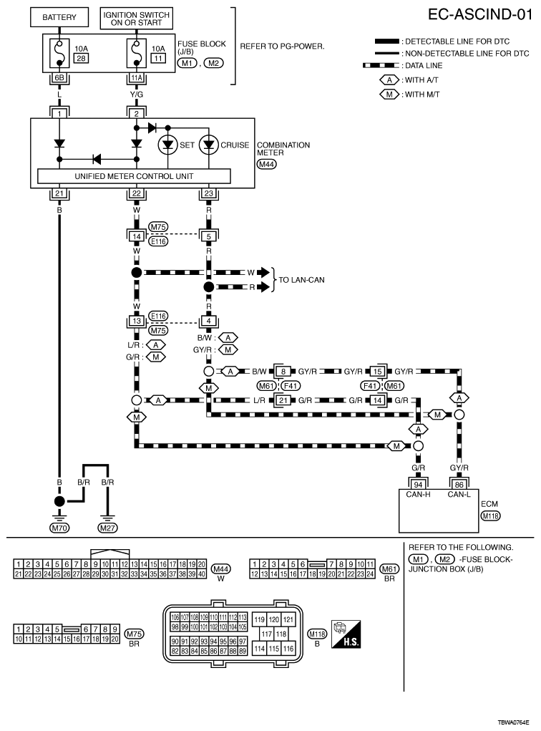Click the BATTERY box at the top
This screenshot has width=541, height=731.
58,17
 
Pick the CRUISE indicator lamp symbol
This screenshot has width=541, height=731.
208,145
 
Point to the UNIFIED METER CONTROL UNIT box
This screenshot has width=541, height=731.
134,176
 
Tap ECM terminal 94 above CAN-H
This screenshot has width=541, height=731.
419,483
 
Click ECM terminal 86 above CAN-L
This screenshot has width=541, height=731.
459,483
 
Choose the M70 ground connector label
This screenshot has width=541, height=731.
59,528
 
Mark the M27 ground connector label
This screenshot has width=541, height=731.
108,528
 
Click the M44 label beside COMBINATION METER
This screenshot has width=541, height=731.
267,164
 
